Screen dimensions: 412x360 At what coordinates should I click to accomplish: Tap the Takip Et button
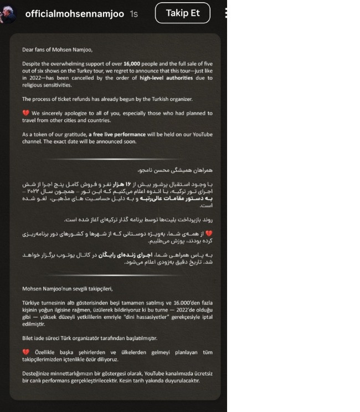182,13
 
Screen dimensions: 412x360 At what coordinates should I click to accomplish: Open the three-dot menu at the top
225,13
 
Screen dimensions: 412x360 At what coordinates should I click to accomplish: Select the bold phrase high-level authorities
166,78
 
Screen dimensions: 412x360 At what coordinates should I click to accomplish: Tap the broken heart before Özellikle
25,352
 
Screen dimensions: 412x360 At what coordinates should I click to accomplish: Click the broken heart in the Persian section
209,233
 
